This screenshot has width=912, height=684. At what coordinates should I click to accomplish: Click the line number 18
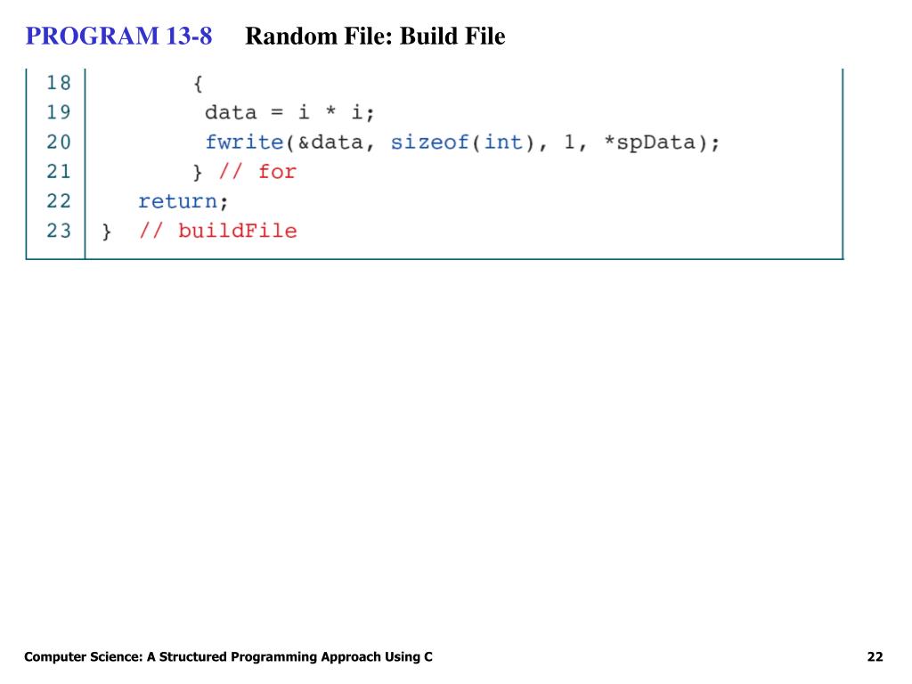[x=59, y=83]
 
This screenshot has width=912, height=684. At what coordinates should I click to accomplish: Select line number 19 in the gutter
[x=59, y=112]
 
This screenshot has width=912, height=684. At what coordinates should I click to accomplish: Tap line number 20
[x=59, y=142]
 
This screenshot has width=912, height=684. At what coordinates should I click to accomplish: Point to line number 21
[x=59, y=171]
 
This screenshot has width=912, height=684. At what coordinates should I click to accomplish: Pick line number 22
[x=59, y=200]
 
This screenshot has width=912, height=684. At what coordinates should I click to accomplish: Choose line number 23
[x=59, y=231]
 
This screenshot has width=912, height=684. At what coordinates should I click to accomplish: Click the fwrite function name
[x=243, y=142]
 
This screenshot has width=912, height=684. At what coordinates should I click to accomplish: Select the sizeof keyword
[x=429, y=142]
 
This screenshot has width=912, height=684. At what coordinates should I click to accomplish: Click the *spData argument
[x=655, y=142]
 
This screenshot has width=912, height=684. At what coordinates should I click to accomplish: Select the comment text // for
[x=257, y=172]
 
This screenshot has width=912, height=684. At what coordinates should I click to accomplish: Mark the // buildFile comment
[x=217, y=232]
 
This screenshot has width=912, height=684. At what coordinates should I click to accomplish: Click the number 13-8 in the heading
[x=188, y=37]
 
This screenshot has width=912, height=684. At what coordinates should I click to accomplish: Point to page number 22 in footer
[x=875, y=657]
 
